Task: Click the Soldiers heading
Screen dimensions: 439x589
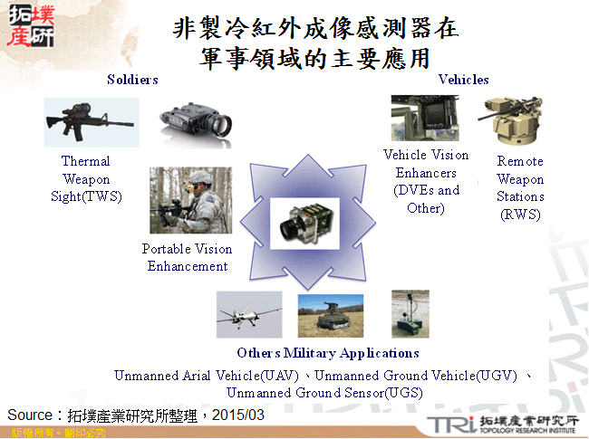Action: (132, 80)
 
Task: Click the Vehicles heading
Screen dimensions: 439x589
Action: (463, 80)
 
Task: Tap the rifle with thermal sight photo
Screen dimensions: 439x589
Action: (91, 122)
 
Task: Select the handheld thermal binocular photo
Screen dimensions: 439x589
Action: (197, 122)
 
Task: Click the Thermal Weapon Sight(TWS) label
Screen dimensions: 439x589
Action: (86, 178)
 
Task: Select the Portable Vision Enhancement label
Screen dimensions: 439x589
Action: (188, 257)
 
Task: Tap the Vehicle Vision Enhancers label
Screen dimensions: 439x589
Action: (426, 181)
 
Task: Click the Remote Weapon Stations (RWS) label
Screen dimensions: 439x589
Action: (520, 187)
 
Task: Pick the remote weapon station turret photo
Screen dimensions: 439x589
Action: (512, 123)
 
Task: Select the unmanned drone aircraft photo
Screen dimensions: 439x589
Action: (248, 315)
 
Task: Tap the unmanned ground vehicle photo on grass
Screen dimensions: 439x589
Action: (330, 315)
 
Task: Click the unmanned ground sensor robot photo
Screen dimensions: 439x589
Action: (410, 313)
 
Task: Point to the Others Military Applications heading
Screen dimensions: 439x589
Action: (327, 353)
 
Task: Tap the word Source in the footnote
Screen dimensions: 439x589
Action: (32, 415)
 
